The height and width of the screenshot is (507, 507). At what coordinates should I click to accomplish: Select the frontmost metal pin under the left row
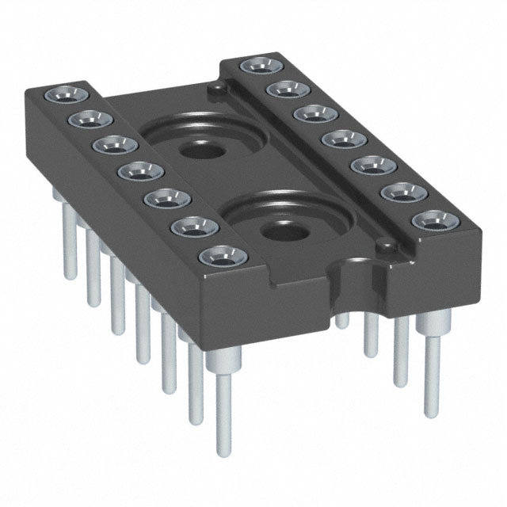(223, 396)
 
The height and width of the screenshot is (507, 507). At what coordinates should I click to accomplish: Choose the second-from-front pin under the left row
(194, 380)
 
